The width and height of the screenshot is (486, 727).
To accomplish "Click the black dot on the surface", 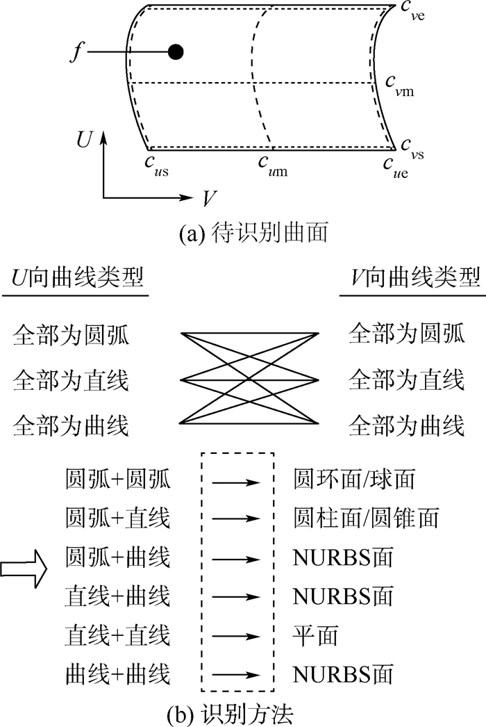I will [x=176, y=51].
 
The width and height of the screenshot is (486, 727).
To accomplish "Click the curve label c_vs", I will [x=410, y=145].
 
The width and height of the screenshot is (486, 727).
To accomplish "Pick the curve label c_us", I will [x=158, y=164].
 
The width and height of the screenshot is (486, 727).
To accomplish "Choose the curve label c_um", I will [x=273, y=164].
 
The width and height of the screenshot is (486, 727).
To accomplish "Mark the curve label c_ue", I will [x=395, y=165].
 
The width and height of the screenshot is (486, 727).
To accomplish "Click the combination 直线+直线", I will [x=117, y=635].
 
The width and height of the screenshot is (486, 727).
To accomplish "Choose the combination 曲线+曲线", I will [x=117, y=673].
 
